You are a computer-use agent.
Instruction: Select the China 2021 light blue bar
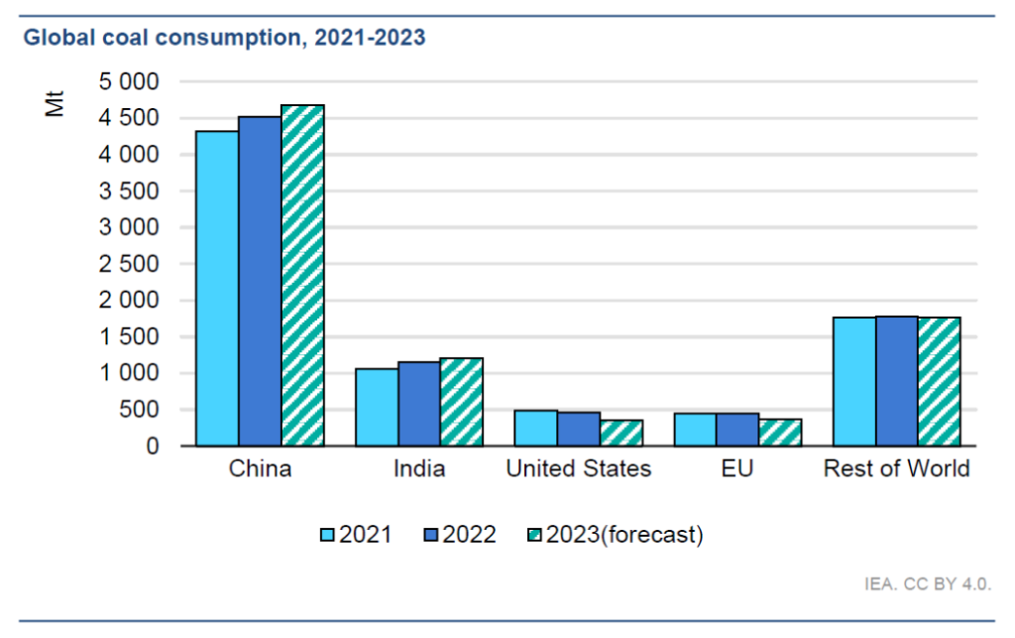click(217, 289)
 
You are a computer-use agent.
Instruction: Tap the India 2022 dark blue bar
click(419, 404)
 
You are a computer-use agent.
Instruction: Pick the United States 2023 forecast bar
click(620, 434)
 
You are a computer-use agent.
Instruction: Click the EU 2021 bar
click(695, 430)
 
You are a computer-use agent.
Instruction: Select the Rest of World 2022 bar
click(896, 381)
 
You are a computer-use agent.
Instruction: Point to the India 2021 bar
click(377, 408)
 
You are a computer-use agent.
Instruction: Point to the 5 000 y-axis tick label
click(129, 82)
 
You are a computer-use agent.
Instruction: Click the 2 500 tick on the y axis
click(129, 264)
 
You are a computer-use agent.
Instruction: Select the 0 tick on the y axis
click(153, 447)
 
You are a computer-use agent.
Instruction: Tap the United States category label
click(578, 469)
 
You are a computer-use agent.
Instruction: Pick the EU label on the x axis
click(737, 469)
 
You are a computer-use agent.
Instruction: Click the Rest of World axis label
click(896, 469)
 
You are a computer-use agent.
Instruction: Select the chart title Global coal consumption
click(224, 39)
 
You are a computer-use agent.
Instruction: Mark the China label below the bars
click(260, 469)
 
